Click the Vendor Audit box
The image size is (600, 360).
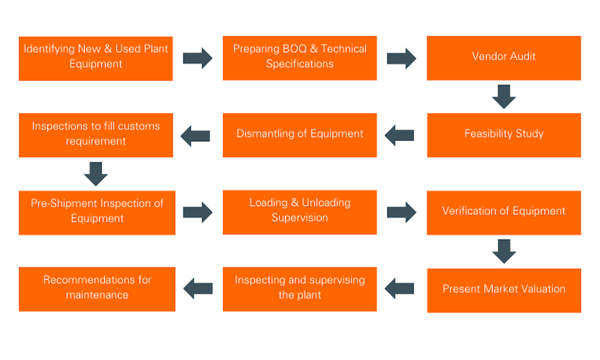pos(503,58)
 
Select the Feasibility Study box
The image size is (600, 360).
pos(503,135)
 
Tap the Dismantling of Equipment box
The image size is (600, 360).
pos(300,135)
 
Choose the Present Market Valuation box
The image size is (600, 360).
pos(503,290)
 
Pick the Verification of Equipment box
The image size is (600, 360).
pos(503,212)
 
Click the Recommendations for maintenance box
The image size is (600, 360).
pos(97,289)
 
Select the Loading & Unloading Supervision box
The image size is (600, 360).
pos(300,212)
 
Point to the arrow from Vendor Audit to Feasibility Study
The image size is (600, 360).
pos(504,97)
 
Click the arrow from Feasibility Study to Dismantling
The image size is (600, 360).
pos(399,135)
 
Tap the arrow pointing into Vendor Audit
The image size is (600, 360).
pos(401,58)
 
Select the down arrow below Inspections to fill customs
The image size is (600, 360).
pos(96,174)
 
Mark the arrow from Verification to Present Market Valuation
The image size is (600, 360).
pos(504,251)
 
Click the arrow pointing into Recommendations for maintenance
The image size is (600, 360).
pos(198,288)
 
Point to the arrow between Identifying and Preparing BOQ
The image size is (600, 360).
pos(197,58)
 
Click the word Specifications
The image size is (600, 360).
pos(300,64)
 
